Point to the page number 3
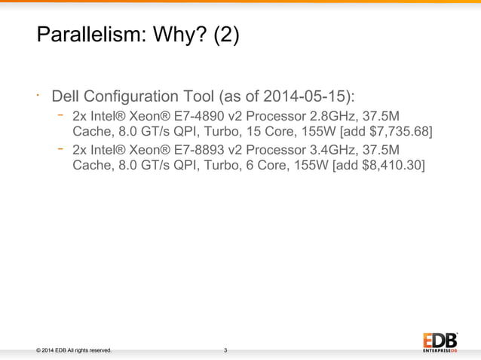click(x=225, y=350)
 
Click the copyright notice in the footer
click(x=69, y=350)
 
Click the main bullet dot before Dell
click(x=37, y=96)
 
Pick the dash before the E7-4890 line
click(x=60, y=115)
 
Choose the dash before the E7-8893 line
click(x=60, y=148)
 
